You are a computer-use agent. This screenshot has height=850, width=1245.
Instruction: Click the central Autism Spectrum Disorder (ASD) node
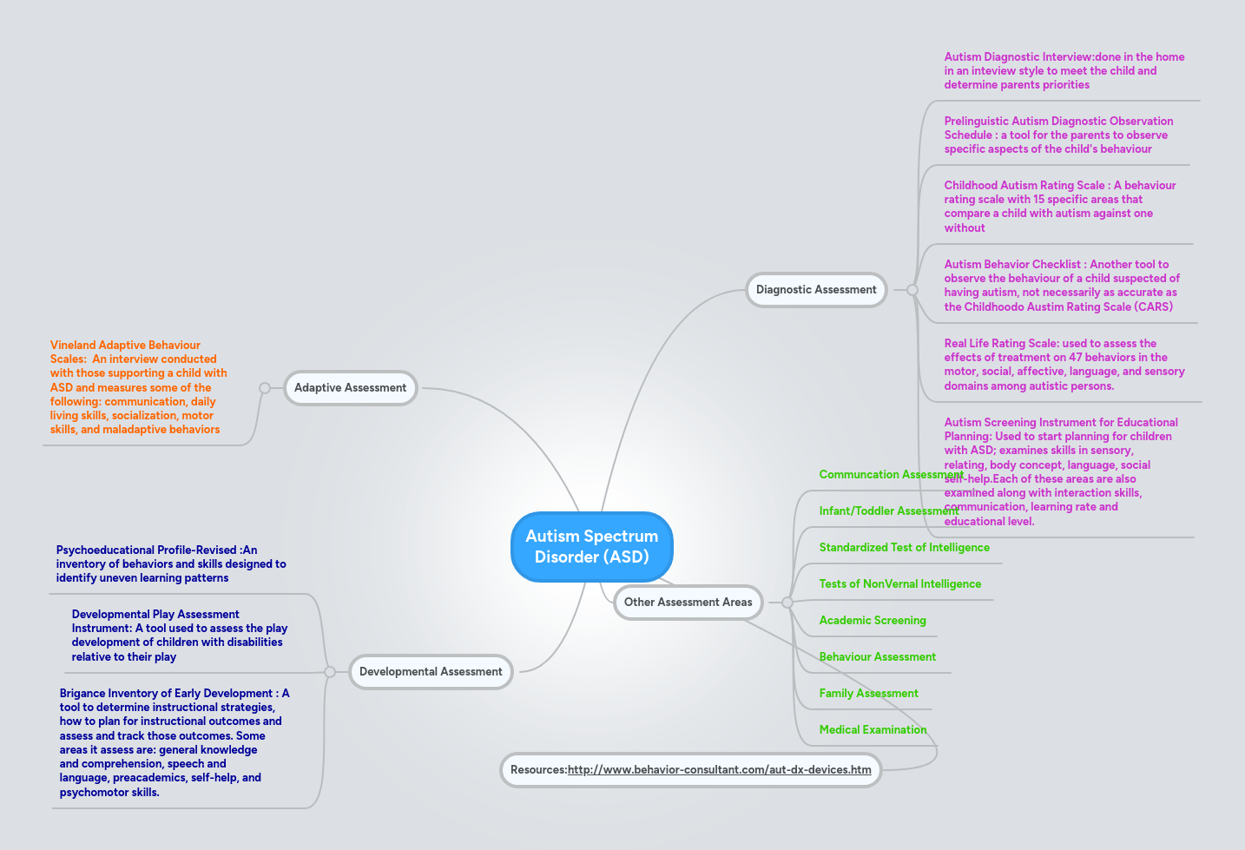click(591, 546)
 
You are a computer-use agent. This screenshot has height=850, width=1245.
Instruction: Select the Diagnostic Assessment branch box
click(816, 290)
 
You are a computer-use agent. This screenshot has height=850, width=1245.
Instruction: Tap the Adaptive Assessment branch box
click(350, 388)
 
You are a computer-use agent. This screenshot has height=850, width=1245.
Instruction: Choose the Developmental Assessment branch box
click(431, 672)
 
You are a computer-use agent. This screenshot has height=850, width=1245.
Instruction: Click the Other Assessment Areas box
click(688, 603)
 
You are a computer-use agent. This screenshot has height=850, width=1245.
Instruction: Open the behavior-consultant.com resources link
click(719, 770)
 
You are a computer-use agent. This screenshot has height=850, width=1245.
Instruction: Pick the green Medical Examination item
click(873, 730)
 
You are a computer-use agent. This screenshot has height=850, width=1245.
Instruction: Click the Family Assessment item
click(868, 694)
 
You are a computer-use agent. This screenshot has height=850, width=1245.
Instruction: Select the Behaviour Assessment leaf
click(877, 657)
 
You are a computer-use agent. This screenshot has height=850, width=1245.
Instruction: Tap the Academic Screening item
click(873, 621)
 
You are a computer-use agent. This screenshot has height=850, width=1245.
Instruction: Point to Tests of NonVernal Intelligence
click(899, 584)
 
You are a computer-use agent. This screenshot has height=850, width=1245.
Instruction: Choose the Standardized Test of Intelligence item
click(904, 548)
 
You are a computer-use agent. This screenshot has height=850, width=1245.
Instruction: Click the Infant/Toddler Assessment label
click(877, 511)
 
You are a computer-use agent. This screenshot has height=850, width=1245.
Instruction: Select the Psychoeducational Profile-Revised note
click(170, 564)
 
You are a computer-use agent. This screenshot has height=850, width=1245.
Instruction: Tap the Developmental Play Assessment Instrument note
click(179, 636)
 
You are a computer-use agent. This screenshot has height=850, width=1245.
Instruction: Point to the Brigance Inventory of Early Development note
click(174, 742)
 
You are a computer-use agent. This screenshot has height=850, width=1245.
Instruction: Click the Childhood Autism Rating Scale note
click(1059, 207)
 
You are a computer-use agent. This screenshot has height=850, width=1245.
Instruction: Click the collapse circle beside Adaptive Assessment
click(265, 388)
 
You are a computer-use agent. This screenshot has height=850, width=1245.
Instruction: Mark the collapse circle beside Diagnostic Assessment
click(912, 290)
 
